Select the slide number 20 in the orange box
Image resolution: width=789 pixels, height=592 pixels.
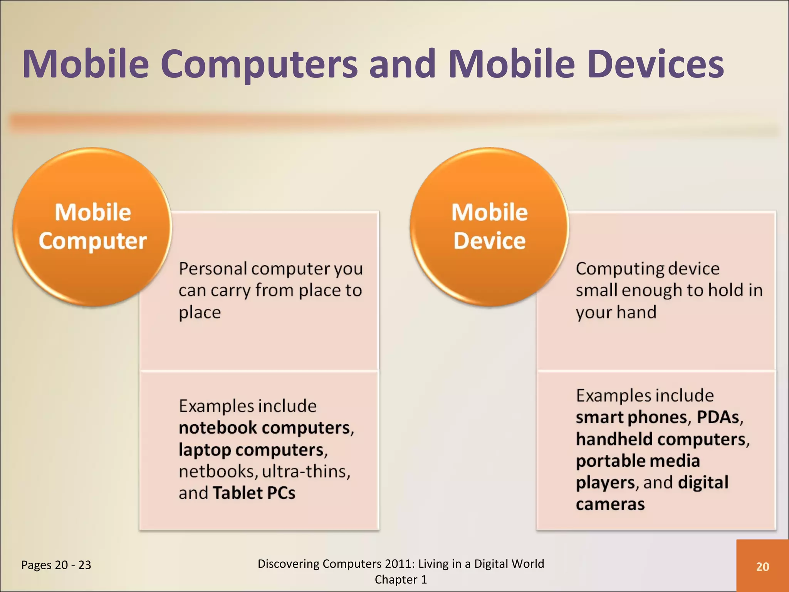762,567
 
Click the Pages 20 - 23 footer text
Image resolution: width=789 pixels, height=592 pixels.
56,565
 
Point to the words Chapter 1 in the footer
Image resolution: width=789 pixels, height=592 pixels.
401,580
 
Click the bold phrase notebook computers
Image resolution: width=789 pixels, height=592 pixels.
265,428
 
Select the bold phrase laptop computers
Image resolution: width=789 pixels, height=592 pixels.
251,450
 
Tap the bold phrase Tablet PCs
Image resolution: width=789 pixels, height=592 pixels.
254,493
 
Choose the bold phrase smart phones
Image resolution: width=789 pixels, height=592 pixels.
631,417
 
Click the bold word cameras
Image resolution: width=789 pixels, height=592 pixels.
610,504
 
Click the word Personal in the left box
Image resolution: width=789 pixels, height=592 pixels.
213,269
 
